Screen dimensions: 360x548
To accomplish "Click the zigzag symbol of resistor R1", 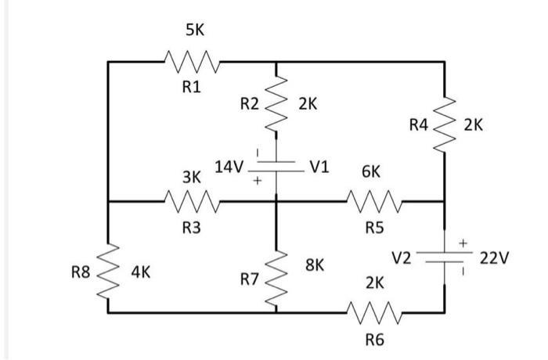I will pos(192,60).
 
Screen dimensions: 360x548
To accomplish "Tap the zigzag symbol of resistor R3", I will pos(192,202).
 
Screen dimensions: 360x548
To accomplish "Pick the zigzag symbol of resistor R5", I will pos(374,202).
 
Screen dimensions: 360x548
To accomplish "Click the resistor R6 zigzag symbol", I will pos(374,312).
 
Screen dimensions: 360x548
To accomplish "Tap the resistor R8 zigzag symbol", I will pos(108,272).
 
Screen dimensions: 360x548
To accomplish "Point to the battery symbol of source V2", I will pos(445,257).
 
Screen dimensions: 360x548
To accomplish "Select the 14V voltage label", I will pos(229,167).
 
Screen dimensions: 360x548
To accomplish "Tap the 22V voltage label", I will pos(494,258).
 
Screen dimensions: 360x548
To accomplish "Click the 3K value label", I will pos(192,178).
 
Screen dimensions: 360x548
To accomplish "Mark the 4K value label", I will pos(141,272).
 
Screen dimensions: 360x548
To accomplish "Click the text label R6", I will pos(374,340).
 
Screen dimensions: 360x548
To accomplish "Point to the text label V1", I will pos(320,167).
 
